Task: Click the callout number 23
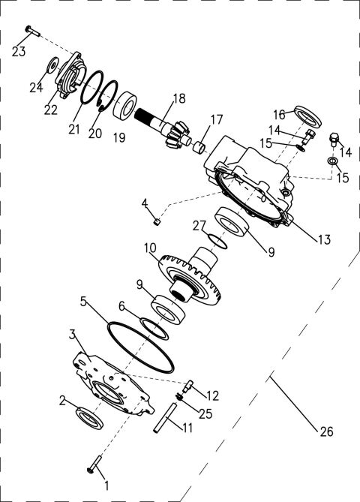coord(19,52)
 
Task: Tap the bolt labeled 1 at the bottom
coord(95,466)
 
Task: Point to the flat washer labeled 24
coord(52,65)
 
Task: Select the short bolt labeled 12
coord(187,386)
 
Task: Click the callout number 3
coord(73,332)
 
